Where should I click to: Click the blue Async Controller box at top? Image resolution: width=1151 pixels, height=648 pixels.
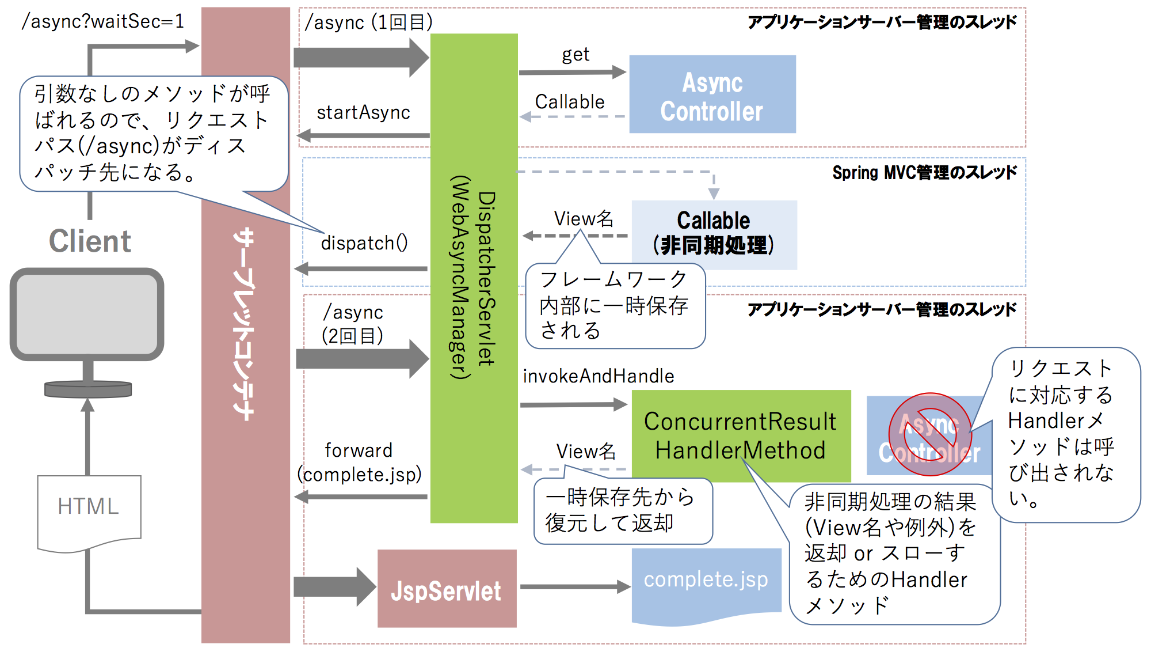tap(712, 94)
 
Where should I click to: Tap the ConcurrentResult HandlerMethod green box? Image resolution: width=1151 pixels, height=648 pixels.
tap(740, 435)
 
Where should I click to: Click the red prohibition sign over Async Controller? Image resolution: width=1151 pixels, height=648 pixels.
tap(930, 434)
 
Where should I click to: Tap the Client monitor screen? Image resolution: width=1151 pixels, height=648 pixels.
tap(87, 314)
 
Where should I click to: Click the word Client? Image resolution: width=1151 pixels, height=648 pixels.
tap(90, 241)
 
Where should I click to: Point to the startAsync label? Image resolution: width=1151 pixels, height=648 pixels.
tap(363, 112)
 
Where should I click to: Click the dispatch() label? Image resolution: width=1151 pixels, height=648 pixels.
tap(364, 243)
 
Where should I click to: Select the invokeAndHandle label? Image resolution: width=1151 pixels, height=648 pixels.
tap(598, 376)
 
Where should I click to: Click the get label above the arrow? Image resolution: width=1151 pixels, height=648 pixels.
tap(575, 55)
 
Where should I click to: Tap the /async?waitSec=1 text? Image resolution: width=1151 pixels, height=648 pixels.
tap(102, 21)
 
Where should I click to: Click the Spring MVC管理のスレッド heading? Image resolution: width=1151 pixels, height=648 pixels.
tap(924, 172)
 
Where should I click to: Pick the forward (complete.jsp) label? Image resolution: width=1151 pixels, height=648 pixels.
tap(359, 463)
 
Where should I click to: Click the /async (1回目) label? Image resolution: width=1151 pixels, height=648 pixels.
tap(369, 22)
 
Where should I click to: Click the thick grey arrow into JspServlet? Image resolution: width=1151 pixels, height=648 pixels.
tap(334, 587)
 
